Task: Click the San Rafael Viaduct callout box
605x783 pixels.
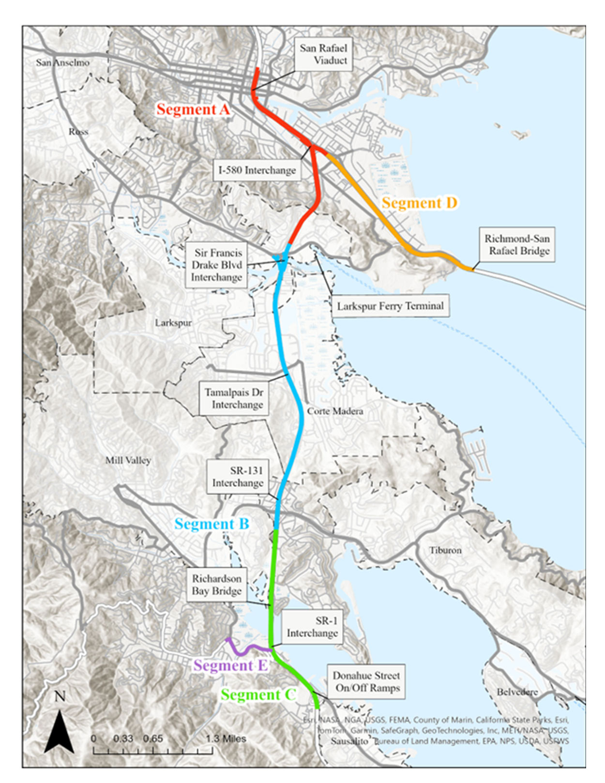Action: [x=323, y=54]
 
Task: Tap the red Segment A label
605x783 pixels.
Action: [x=193, y=109]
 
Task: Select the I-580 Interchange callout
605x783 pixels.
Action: [x=257, y=170]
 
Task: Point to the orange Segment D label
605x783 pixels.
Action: [x=419, y=203]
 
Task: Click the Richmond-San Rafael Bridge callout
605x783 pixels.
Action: [x=517, y=244]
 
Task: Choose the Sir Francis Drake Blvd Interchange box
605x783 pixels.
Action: [x=216, y=265]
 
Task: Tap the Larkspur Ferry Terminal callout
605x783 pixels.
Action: [x=390, y=306]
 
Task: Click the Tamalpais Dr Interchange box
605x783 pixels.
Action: [x=234, y=398]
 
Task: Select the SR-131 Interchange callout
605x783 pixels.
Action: [x=238, y=477]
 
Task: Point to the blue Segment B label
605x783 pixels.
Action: [x=212, y=524]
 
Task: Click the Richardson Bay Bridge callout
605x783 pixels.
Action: [x=216, y=585]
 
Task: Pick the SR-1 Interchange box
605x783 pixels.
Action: [x=312, y=627]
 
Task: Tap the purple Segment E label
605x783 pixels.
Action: [x=230, y=665]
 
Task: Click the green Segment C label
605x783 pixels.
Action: [x=257, y=694]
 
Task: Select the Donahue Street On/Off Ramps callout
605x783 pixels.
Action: [x=366, y=681]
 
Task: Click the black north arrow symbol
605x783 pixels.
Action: [x=59, y=731]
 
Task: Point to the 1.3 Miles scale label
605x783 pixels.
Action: [x=226, y=739]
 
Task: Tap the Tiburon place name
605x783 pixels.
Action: [x=445, y=550]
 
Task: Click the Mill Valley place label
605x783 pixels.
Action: [x=128, y=460]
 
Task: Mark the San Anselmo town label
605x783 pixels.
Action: [x=62, y=62]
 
